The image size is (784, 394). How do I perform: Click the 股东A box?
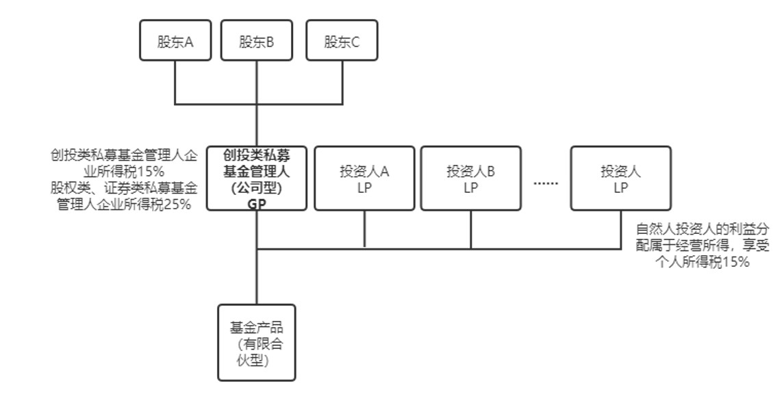point(175,41)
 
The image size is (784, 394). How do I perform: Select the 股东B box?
point(257,41)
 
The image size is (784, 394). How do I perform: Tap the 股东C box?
point(342,41)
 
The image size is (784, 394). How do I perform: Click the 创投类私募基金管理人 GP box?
point(257,178)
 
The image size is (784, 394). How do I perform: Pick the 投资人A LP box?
point(364,178)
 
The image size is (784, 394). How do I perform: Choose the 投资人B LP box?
point(470,178)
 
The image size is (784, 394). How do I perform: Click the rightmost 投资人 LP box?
point(620,178)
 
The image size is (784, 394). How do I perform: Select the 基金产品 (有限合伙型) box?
point(257,342)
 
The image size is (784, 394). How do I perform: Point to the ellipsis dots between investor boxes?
point(546,183)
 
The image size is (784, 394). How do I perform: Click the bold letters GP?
point(257,203)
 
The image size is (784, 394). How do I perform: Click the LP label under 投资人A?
point(364,188)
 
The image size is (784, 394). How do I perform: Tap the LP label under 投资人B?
point(470,188)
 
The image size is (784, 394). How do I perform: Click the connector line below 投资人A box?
point(364,228)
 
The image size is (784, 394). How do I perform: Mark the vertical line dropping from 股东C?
point(342,82)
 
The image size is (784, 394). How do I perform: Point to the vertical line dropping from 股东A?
point(175,82)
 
